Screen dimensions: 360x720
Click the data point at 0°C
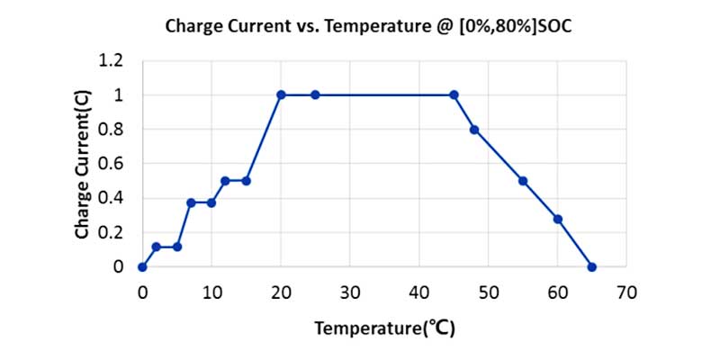point(142,266)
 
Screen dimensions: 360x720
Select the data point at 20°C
point(281,94)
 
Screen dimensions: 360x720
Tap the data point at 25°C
point(315,94)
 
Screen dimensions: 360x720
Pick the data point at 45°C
point(454,94)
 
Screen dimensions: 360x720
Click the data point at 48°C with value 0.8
point(474,130)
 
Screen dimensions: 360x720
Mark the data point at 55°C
point(523,181)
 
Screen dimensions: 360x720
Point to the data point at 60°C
point(558,219)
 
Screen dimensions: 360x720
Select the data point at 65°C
point(592,266)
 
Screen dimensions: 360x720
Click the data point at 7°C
point(191,202)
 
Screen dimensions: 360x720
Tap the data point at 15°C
point(246,181)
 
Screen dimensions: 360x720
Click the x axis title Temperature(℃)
point(384,328)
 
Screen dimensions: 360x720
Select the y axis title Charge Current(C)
point(83,164)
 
